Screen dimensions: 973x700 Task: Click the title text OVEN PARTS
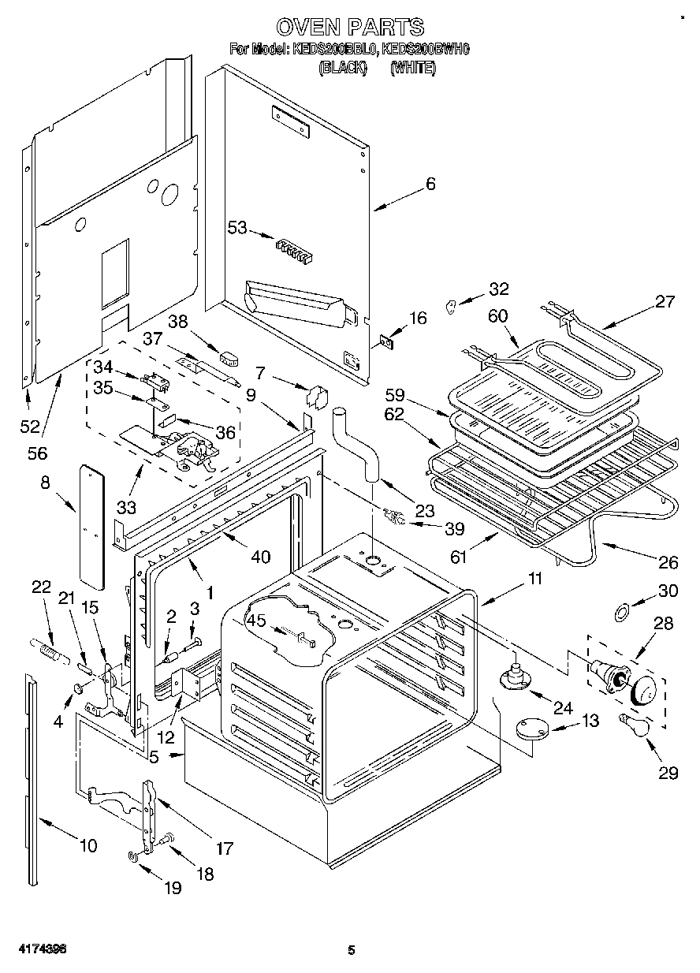click(350, 28)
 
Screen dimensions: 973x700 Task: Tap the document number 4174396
click(32, 950)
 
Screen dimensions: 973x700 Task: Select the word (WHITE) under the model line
click(412, 69)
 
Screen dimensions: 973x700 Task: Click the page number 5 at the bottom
click(351, 951)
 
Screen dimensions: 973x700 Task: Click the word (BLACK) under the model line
click(343, 69)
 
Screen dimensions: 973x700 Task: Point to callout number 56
click(37, 453)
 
